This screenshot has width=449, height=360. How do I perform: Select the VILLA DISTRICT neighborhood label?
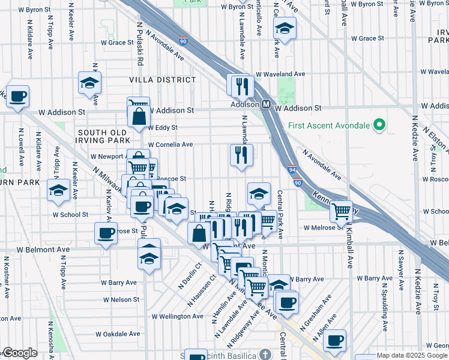coord(162,79)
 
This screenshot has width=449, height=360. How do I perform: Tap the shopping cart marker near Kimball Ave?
coord(341,211)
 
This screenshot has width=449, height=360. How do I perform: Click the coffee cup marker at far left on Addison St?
coord(17,95)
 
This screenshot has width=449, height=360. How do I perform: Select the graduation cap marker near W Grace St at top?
coord(285,28)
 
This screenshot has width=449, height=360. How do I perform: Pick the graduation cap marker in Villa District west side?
coord(89,83)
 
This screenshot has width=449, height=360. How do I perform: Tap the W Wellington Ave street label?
coord(177,316)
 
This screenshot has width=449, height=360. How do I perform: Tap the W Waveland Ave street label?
coord(280,74)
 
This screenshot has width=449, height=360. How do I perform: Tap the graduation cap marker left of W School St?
coord(58,191)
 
